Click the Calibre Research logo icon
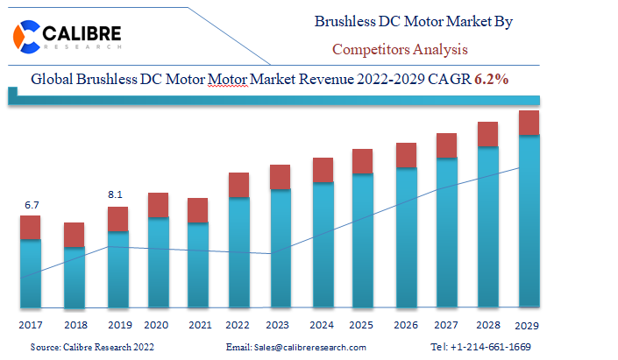coord(30,35)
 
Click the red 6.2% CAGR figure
coord(492,79)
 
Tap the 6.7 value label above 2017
coord(32,205)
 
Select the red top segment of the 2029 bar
coord(529,123)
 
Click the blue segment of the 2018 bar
coord(75,277)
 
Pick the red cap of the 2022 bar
coord(239,185)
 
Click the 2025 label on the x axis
coord(362,324)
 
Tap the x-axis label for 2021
coord(199,324)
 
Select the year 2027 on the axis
coord(447,324)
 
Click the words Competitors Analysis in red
coord(400,49)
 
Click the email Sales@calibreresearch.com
coord(296,348)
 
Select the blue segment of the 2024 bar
coord(323,244)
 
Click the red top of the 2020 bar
coord(158,205)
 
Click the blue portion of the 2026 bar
coord(406,236)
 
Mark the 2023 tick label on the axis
coord(280,324)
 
